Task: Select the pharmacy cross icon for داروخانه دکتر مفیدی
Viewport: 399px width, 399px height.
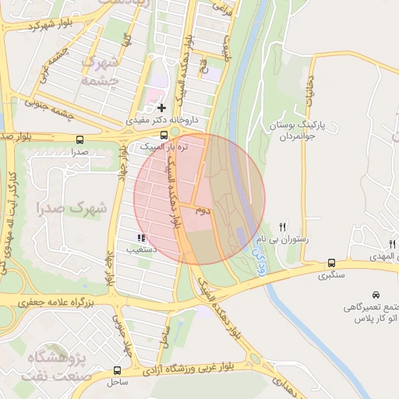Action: pos(162,108)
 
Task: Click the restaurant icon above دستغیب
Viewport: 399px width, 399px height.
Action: pos(140,238)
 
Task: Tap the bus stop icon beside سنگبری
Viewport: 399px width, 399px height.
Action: pos(332,263)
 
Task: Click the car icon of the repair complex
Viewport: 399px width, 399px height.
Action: pos(376,295)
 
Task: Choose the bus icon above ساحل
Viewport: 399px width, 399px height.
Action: pos(117,371)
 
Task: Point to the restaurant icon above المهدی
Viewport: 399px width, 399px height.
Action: pos(393,245)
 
